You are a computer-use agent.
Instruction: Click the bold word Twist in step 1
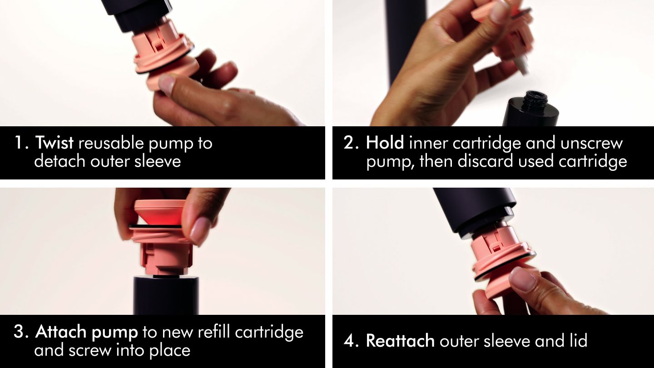pyautogui.click(x=54, y=143)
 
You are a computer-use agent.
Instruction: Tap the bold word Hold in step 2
pyautogui.click(x=385, y=143)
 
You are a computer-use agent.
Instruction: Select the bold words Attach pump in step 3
pyautogui.click(x=86, y=332)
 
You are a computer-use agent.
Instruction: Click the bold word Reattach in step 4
pyautogui.click(x=400, y=341)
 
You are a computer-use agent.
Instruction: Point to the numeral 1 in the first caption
pyautogui.click(x=19, y=143)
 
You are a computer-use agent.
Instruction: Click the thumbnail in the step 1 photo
pyautogui.click(x=167, y=84)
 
